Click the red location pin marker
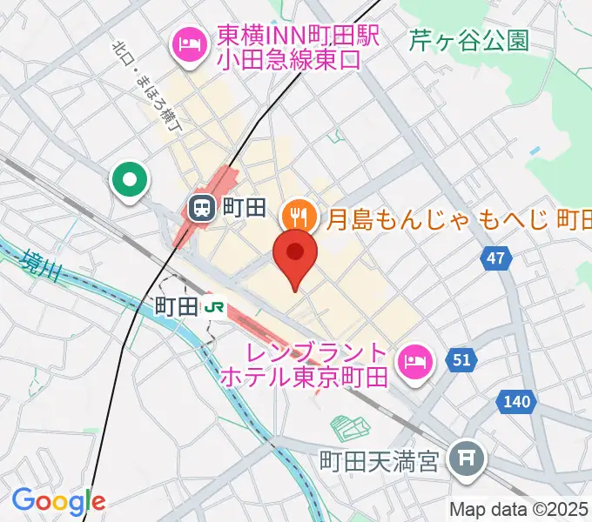coord(295,255)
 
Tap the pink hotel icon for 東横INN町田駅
coord(188,43)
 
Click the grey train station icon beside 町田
coord(201,207)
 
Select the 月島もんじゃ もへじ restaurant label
coord(458,217)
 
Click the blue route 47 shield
coord(495,258)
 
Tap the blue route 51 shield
coord(461,359)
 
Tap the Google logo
coord(58,500)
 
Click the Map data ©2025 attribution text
coord(519,509)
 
